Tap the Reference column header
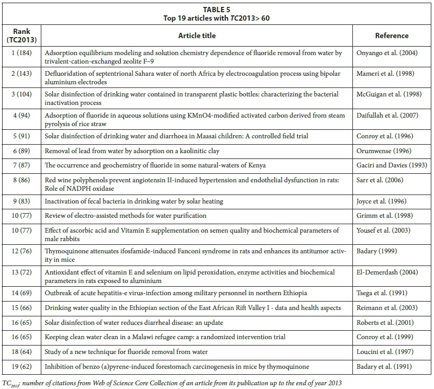point(392,36)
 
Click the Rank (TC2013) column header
point(21,36)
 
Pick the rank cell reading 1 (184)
point(21,53)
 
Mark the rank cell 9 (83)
point(21,201)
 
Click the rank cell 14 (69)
point(21,293)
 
